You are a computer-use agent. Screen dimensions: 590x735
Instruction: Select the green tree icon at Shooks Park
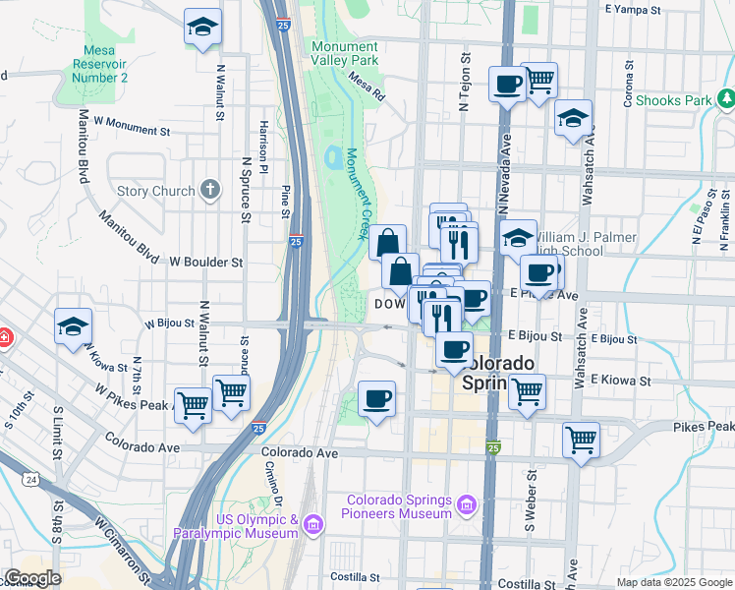724,99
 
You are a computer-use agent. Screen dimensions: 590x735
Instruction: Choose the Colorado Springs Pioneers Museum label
397,506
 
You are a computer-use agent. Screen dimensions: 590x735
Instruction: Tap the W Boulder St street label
205,263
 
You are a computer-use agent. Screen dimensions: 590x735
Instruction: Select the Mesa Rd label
365,90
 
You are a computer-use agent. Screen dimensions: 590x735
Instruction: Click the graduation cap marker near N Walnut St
202,29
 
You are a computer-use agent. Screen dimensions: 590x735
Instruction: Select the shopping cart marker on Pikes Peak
581,440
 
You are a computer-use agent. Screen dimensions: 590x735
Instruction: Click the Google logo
32,578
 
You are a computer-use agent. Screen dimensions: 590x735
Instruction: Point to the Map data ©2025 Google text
673,582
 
